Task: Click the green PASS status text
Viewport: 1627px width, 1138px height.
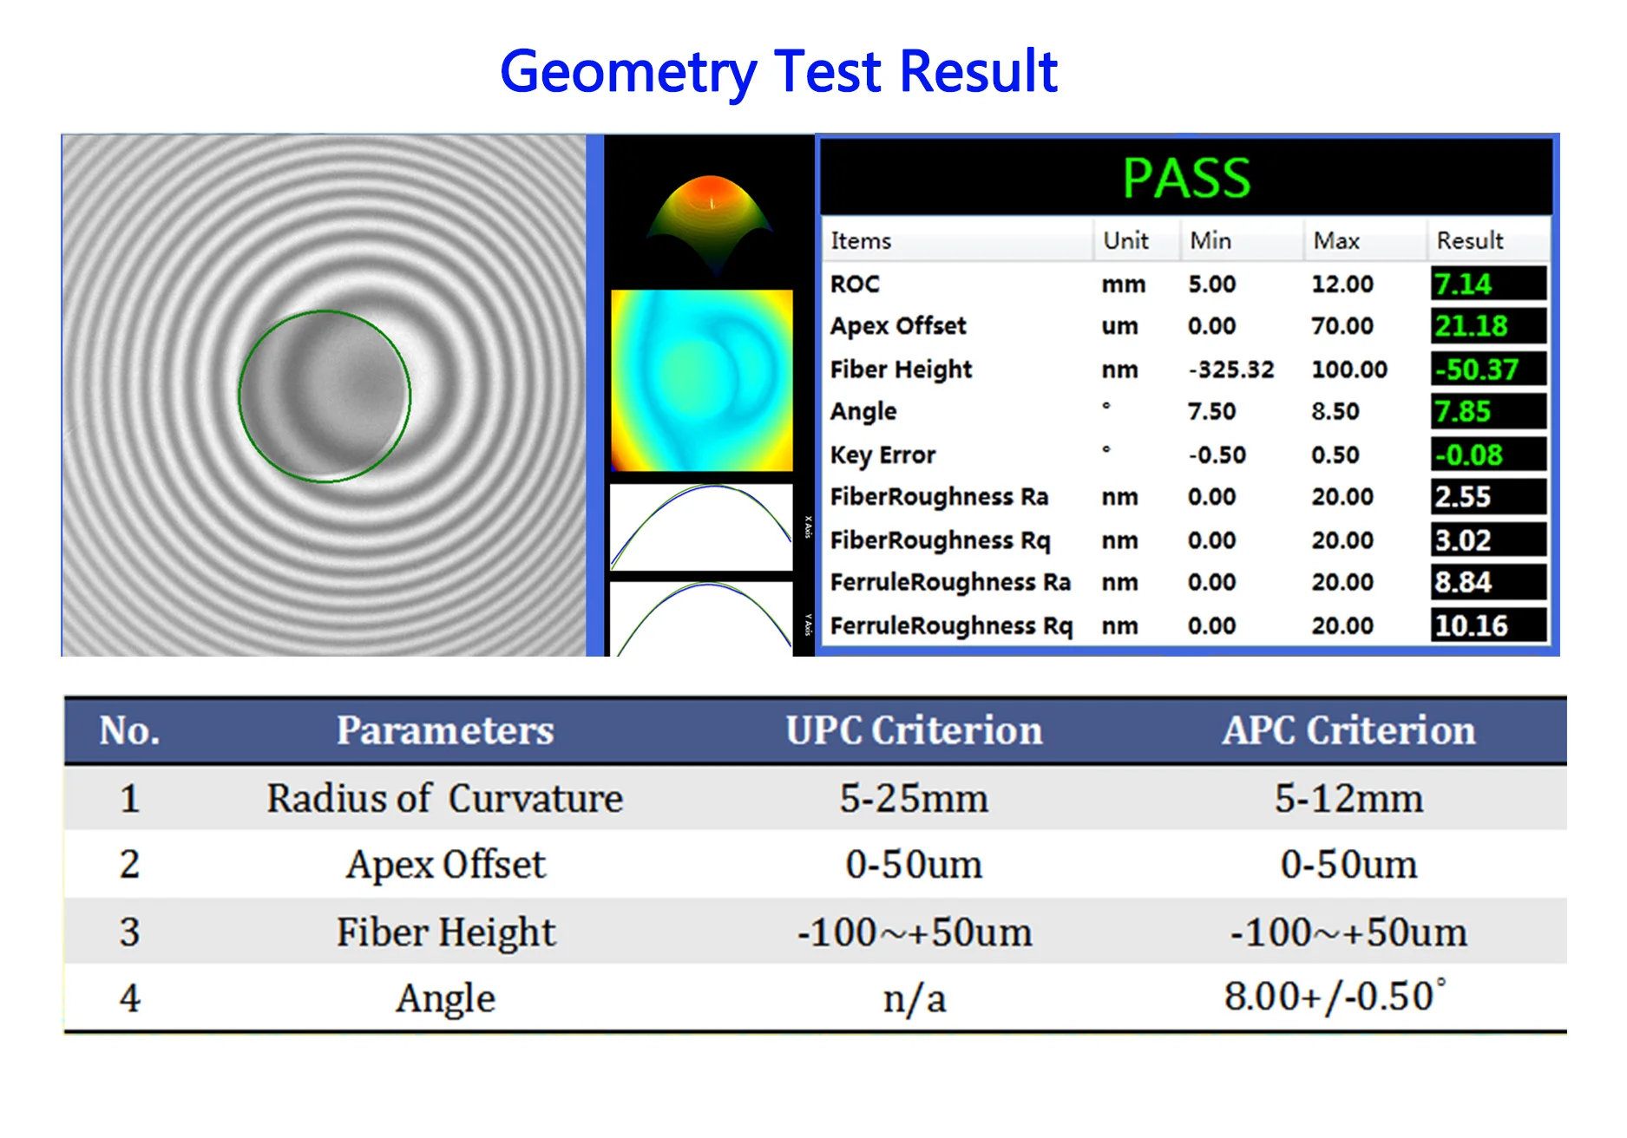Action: point(1186,178)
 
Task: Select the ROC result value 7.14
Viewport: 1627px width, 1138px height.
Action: point(1463,284)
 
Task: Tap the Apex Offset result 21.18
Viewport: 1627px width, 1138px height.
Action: point(1472,326)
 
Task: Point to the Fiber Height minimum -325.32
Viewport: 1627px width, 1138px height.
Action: point(1231,370)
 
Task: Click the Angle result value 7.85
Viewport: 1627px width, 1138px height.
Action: point(1463,411)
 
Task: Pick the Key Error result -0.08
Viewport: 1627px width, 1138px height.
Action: point(1468,455)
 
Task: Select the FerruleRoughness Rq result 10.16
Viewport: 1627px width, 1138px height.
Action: point(1472,625)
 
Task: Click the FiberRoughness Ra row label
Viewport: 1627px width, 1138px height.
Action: point(940,497)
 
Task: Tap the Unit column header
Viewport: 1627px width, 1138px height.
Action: point(1126,240)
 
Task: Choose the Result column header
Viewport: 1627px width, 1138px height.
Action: point(1470,240)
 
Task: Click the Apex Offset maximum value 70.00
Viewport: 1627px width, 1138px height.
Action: point(1342,326)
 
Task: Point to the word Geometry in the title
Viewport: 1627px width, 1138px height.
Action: point(629,73)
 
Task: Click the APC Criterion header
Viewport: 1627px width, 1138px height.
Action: point(1349,730)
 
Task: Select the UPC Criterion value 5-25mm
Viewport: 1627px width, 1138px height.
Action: point(914,798)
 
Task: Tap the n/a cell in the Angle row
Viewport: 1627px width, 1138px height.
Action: point(915,999)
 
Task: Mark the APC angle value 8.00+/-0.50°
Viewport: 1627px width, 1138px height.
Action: point(1335,997)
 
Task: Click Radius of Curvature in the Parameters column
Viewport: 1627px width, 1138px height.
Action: point(445,798)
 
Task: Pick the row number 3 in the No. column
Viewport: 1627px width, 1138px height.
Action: point(129,932)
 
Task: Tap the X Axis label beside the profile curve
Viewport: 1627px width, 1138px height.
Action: point(808,527)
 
